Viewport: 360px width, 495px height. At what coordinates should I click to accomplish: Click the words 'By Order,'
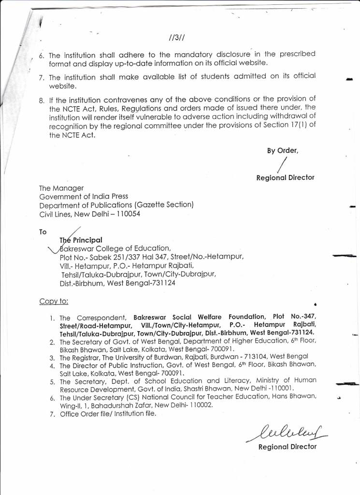283,150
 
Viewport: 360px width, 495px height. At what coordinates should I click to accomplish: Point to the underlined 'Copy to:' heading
54,301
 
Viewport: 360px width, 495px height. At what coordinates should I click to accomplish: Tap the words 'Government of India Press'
84,196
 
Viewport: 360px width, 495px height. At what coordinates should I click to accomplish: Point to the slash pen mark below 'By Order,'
279,164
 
